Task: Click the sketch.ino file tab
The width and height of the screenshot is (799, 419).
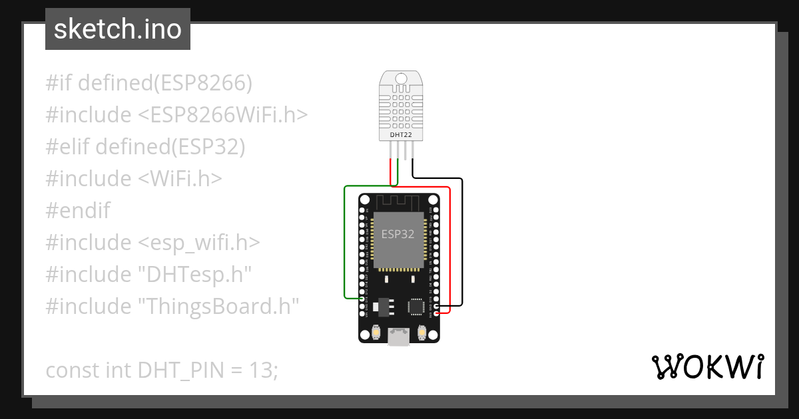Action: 118,29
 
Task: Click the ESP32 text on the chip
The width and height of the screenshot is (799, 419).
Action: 398,234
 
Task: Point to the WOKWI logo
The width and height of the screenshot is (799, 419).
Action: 707,366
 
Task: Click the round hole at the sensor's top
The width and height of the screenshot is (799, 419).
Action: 400,78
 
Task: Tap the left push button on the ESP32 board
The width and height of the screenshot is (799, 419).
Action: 377,331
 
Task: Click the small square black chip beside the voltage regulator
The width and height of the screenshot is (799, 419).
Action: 416,306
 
